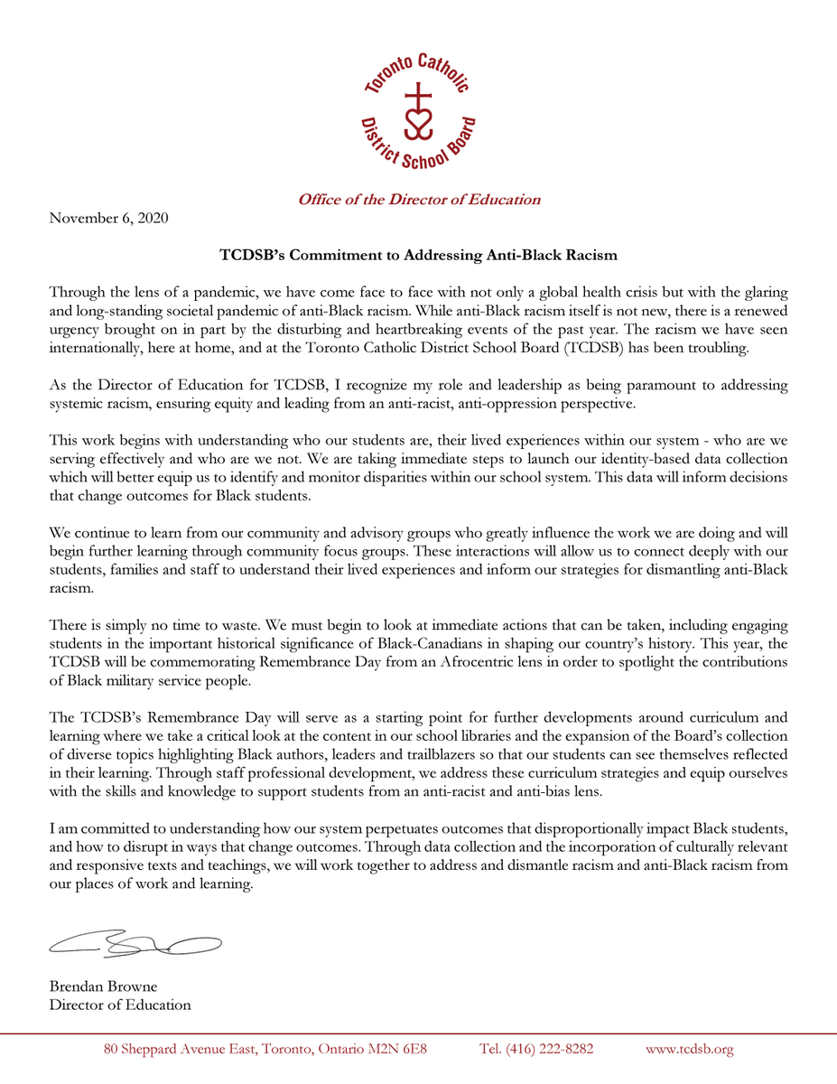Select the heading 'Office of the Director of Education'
(419, 200)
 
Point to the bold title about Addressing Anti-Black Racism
(418, 255)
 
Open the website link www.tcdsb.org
(690, 1049)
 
